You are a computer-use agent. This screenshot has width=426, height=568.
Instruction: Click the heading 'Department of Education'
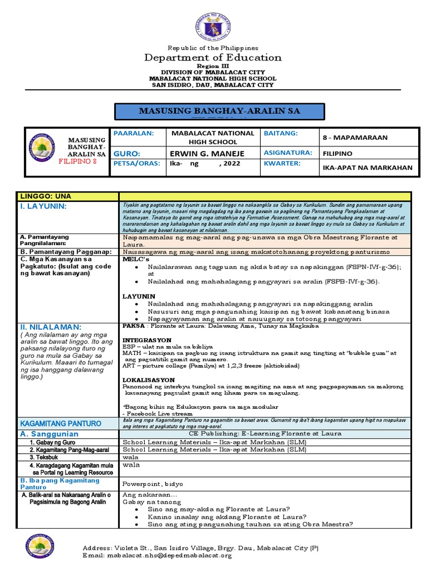[x=213, y=58]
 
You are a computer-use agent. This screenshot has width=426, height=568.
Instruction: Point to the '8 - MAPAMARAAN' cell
[x=354, y=137]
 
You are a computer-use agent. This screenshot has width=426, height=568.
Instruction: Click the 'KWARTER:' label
[x=282, y=164]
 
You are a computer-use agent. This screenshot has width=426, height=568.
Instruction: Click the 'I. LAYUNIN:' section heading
[x=43, y=206]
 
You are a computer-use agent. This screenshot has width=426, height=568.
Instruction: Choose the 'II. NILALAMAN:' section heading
[x=50, y=327]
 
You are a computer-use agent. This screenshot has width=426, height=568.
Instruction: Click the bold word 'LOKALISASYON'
[x=149, y=379]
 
